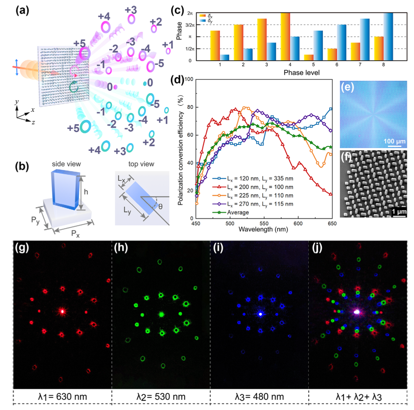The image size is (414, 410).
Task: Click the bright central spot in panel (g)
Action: click(x=62, y=311)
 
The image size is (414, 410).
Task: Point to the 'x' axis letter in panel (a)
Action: click(x=33, y=110)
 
